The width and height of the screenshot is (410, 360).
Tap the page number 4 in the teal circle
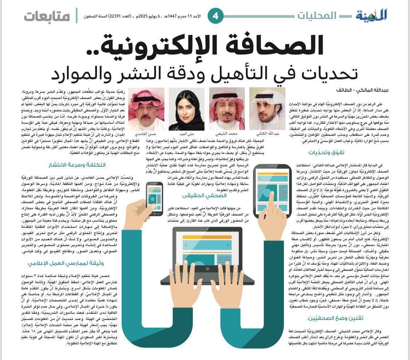pos(215,16)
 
